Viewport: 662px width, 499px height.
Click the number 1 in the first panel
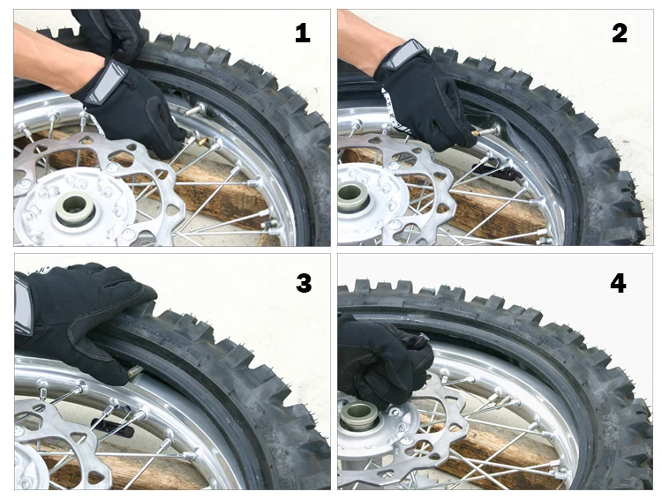(302, 33)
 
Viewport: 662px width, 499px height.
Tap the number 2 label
(620, 33)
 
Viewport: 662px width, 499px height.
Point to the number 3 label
(304, 283)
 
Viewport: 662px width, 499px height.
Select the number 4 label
(618, 283)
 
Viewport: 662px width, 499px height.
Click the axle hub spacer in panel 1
(75, 209)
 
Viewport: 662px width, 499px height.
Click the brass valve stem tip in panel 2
(476, 133)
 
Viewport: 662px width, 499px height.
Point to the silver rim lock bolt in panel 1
(194, 110)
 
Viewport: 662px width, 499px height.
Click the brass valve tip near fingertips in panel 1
(202, 141)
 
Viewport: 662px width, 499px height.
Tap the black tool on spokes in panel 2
(496, 171)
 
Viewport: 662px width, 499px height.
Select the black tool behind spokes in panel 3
(113, 425)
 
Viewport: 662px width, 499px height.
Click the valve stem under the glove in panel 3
(136, 371)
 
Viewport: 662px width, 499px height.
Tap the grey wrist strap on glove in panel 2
(401, 54)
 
